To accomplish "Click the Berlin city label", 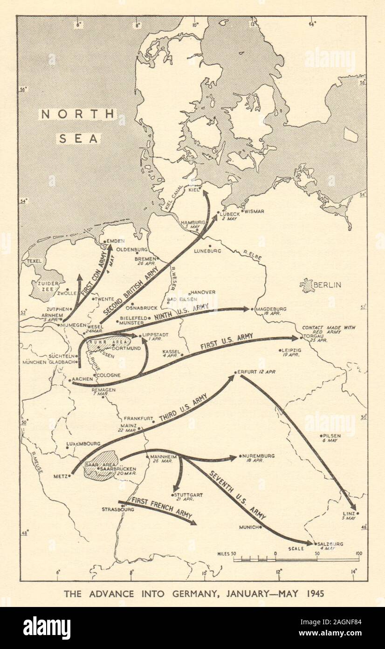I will coord(328,285).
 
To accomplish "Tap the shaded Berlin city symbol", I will coord(308,285).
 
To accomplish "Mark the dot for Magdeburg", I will coord(252,309).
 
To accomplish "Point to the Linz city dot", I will coord(357,513).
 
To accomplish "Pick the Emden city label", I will coord(116,241).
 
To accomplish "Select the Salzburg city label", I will coord(330,544).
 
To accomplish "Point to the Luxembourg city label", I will coord(84,443).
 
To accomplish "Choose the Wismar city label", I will coord(255,211).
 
